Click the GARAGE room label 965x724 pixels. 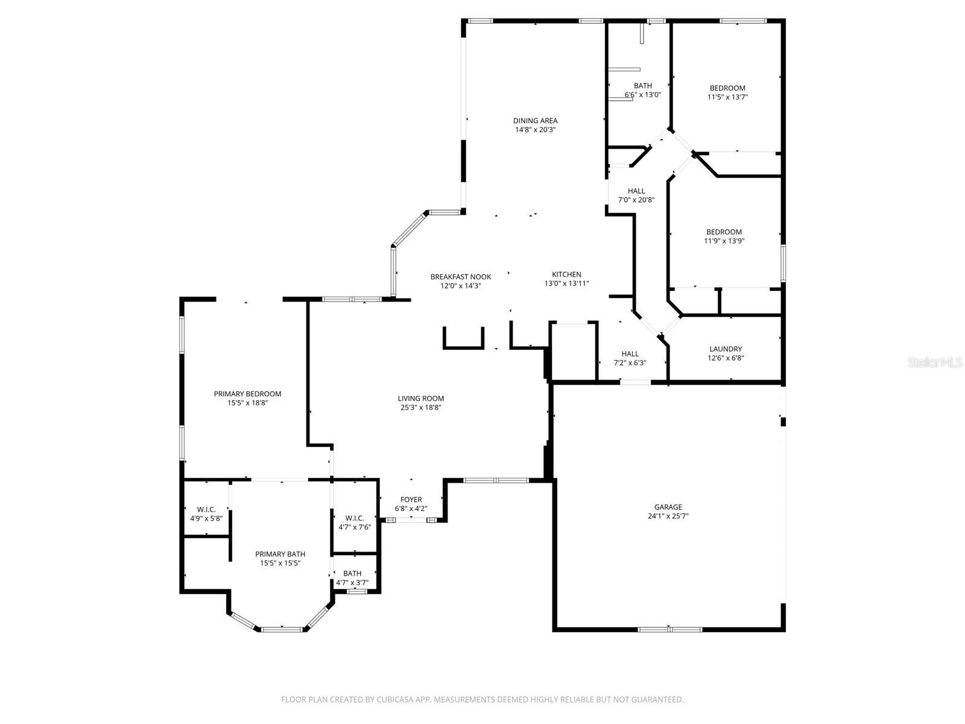668,507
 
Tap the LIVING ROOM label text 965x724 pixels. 420,398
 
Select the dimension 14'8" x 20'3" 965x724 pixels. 535,130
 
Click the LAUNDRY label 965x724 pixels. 726,349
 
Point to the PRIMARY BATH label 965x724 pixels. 280,554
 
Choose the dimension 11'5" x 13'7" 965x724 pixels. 727,97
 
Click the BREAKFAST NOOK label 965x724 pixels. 460,276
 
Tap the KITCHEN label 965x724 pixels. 566,274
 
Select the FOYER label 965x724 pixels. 411,500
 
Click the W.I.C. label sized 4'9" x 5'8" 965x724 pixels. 206,509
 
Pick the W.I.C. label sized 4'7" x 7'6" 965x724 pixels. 354,518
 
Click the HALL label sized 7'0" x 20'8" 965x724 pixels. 636,191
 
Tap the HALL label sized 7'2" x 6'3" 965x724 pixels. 630,354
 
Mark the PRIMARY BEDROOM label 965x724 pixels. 247,394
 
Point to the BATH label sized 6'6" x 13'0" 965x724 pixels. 642,86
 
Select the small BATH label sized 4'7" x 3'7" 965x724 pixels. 352,573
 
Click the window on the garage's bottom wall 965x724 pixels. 669,629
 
